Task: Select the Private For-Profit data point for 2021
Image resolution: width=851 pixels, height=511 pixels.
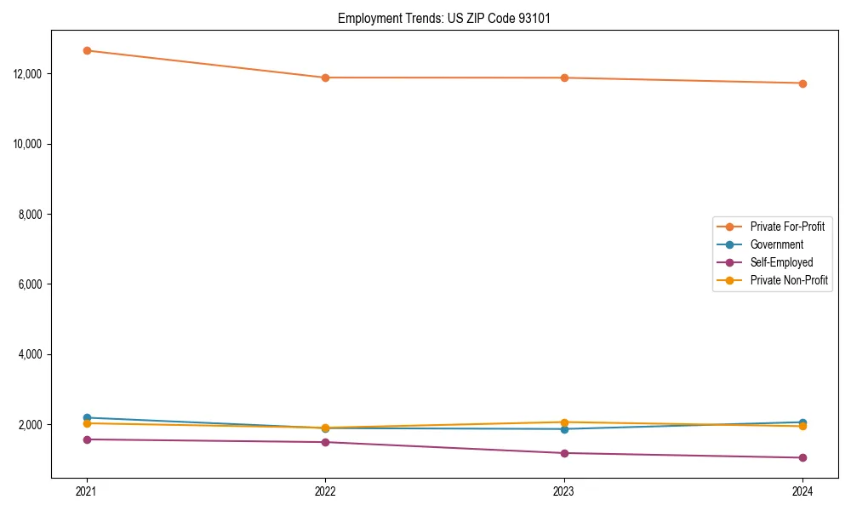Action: point(87,50)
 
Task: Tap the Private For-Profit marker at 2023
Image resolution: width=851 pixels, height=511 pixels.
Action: point(564,78)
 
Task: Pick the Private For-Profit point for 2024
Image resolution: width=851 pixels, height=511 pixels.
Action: point(802,83)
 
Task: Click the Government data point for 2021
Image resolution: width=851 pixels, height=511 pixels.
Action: point(87,417)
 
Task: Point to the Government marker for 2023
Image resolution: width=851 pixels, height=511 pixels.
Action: point(564,429)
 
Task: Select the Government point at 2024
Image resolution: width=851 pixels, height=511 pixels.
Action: point(802,422)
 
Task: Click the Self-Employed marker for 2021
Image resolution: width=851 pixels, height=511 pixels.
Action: point(87,439)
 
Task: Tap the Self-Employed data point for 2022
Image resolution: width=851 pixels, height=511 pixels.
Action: point(325,442)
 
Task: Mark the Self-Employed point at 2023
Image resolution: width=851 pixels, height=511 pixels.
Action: point(564,453)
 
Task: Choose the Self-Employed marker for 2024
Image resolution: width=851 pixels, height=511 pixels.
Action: point(802,457)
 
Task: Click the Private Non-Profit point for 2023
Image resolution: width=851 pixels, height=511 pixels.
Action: point(564,422)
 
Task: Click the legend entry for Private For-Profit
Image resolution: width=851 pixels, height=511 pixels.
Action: point(786,227)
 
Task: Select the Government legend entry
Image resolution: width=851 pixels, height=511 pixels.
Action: point(776,244)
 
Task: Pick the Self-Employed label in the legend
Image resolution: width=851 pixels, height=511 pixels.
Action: point(781,262)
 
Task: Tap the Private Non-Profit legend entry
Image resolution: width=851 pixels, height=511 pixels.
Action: point(789,280)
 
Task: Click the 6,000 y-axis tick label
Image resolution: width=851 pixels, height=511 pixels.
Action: point(30,284)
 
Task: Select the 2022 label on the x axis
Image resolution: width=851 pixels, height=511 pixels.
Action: point(325,491)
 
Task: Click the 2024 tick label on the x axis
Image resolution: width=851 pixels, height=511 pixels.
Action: point(802,491)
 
